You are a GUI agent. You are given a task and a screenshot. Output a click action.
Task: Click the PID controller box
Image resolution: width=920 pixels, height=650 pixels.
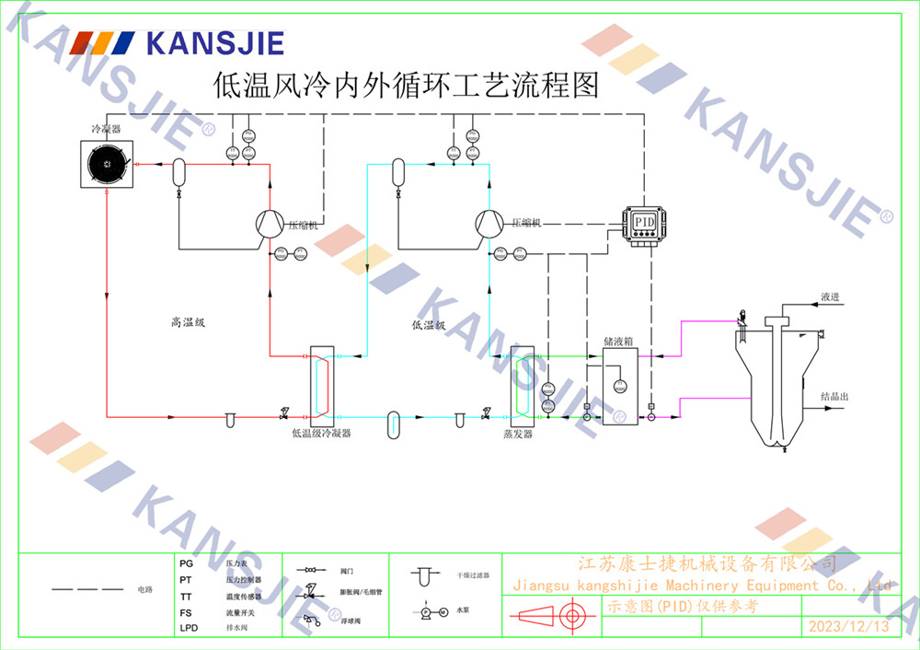click(x=643, y=222)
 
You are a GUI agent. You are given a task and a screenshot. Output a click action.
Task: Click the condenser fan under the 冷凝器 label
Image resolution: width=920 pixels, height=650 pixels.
click(x=108, y=165)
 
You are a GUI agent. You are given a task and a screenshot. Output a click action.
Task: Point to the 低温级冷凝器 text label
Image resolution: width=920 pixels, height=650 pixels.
click(x=320, y=433)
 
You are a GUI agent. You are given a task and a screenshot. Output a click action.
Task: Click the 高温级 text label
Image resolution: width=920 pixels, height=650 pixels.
click(x=187, y=322)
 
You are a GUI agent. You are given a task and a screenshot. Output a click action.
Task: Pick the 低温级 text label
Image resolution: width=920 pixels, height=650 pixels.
click(x=429, y=325)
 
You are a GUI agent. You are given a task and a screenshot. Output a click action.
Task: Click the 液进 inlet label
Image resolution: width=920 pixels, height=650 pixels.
click(x=830, y=296)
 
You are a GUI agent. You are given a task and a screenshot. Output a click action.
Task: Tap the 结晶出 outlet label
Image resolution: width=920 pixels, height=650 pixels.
click(x=834, y=397)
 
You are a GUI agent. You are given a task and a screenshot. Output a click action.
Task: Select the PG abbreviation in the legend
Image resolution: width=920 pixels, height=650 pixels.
click(x=186, y=563)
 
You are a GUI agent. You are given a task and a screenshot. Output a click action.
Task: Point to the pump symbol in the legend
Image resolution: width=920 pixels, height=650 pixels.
click(x=432, y=611)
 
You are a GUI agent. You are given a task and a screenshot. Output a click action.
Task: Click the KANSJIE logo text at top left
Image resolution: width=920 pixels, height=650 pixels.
click(x=213, y=42)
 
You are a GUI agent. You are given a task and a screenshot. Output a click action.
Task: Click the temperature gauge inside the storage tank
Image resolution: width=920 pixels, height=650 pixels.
click(x=619, y=384)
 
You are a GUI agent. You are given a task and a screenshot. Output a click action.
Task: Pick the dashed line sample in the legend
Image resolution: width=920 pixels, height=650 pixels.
click(x=86, y=588)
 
